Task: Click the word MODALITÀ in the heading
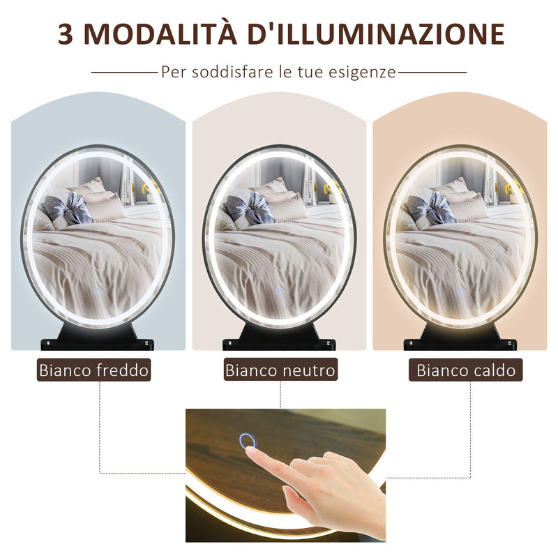click(166, 33)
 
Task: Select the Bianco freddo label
click(94, 370)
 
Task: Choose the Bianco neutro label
click(280, 370)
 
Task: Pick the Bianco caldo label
click(466, 370)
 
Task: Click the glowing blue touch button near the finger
click(247, 441)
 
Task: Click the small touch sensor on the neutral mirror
click(279, 292)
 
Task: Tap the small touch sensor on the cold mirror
click(97, 292)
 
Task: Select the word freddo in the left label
click(123, 370)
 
